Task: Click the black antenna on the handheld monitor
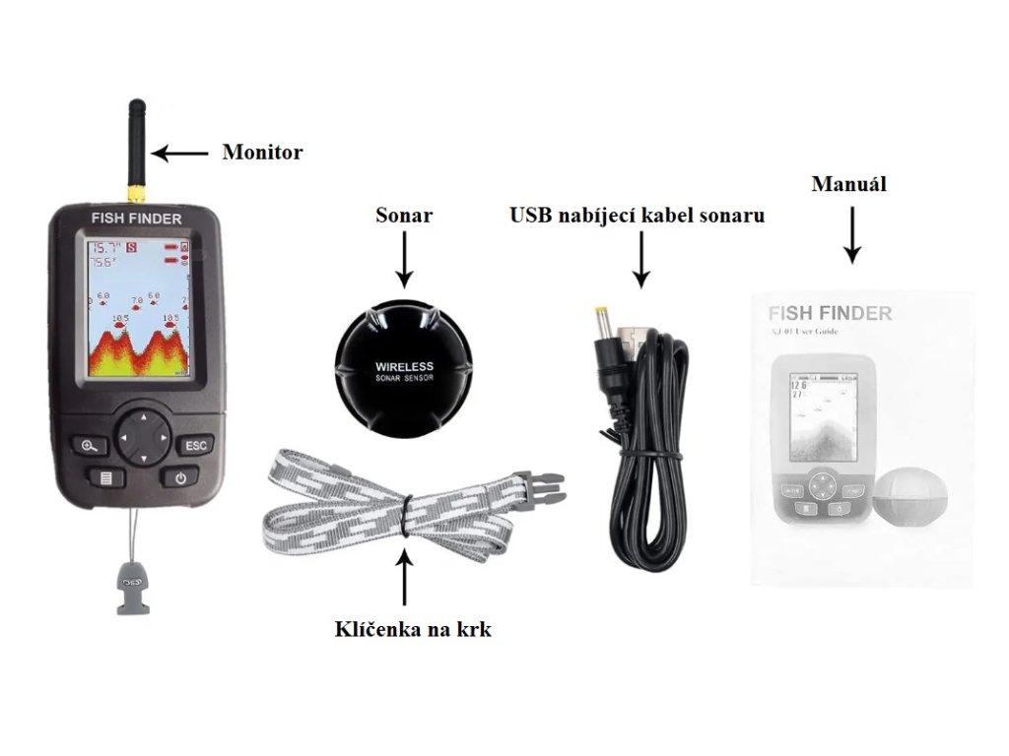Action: [137, 138]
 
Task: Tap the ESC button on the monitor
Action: [195, 445]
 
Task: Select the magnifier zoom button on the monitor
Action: [90, 445]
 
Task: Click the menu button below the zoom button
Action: [103, 479]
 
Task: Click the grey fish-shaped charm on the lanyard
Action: [128, 587]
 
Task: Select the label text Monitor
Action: [262, 153]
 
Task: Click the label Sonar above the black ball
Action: [404, 215]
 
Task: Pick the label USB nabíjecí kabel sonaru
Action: [637, 215]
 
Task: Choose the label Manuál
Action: [848, 184]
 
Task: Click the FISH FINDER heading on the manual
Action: [830, 314]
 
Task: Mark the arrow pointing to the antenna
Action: [180, 153]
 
